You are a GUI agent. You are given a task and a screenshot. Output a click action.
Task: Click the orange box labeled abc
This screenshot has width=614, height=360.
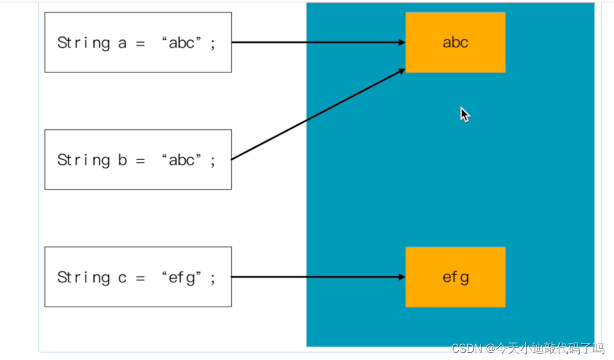(x=455, y=42)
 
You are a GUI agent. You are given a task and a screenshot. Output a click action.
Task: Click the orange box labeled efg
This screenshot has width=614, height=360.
(x=455, y=277)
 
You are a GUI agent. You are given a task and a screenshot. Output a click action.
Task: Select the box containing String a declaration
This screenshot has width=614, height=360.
(x=138, y=42)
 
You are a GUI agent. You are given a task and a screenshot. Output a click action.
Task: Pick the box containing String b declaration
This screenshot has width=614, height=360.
(x=138, y=160)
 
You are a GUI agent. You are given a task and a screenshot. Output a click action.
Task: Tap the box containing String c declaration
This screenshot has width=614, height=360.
(x=138, y=277)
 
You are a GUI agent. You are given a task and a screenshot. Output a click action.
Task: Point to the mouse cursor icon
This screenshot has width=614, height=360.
(x=465, y=115)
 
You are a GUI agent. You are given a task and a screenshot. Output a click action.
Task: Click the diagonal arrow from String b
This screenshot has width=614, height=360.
(x=319, y=115)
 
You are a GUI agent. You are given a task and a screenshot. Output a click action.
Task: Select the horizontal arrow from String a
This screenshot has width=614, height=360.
(x=319, y=42)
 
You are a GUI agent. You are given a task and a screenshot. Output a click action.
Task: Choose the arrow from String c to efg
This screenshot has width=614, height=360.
(x=319, y=277)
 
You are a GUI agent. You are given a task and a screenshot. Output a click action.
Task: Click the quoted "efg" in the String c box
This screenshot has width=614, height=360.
(x=181, y=277)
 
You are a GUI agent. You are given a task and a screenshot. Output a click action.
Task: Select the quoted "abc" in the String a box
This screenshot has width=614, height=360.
(x=181, y=43)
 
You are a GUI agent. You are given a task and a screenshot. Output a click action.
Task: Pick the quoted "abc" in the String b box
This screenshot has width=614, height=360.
(x=181, y=160)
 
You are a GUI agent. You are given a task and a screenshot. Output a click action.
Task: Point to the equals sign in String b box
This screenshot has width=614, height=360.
(x=140, y=160)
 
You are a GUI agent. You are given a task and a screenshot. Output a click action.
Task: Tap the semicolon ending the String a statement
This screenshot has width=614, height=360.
(x=213, y=44)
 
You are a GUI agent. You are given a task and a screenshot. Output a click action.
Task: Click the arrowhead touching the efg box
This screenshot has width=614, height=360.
(x=402, y=277)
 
